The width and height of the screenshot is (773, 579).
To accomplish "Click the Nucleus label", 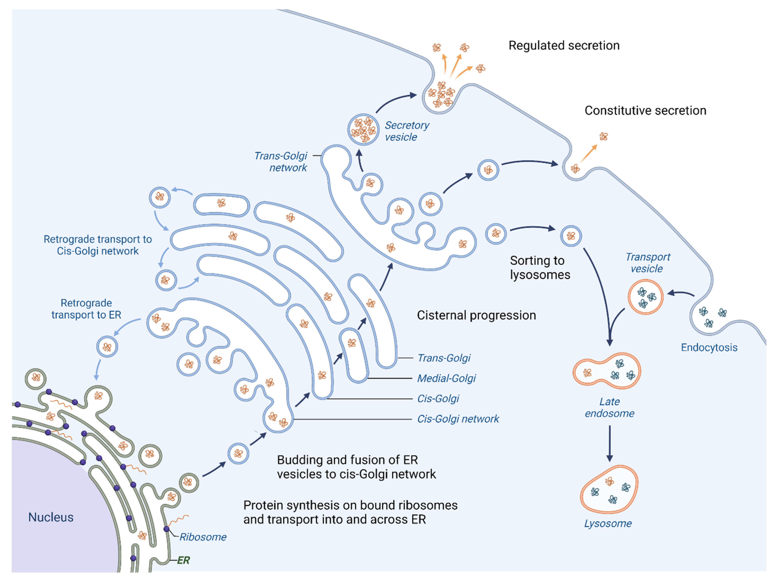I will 51,517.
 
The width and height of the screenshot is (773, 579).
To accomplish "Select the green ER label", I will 183,560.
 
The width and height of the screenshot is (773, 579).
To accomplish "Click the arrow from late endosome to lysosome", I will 609,443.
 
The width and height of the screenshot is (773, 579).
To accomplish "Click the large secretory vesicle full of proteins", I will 363,129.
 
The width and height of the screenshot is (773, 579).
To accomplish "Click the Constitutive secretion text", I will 645,110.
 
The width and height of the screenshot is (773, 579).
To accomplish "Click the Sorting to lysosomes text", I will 539,267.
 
